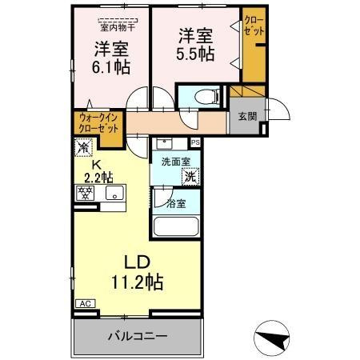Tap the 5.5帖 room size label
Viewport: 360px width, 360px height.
195,54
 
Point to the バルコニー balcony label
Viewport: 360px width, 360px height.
138,337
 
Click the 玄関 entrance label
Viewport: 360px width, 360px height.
246,117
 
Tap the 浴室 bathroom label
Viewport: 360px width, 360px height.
176,204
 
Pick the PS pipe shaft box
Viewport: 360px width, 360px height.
195,143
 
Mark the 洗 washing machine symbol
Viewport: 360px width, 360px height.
191,175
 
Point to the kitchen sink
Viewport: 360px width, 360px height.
113,193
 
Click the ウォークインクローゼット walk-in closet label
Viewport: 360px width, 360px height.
98,124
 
